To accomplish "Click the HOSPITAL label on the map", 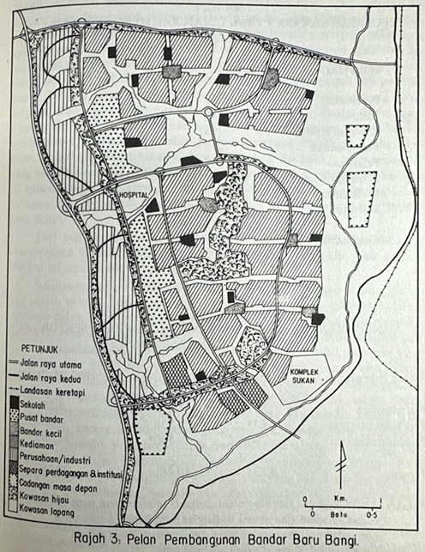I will click(137, 195).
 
